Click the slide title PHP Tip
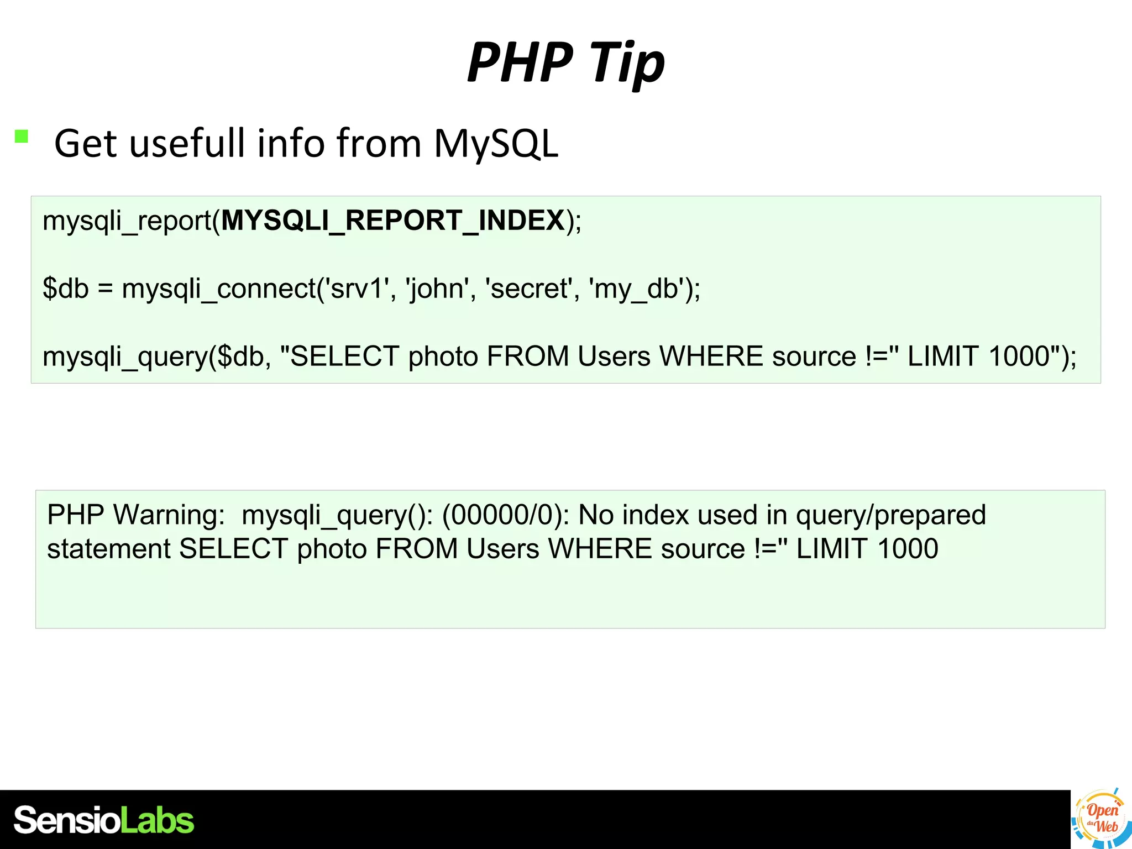click(x=565, y=62)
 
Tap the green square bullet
click(x=22, y=137)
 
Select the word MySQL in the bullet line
click(x=496, y=144)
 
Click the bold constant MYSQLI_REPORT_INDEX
click(x=393, y=221)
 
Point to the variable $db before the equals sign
click(x=66, y=289)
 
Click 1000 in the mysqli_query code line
click(x=1019, y=357)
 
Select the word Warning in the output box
click(x=169, y=515)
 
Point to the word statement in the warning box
click(x=109, y=549)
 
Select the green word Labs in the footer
click(x=158, y=820)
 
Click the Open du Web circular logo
click(x=1100, y=819)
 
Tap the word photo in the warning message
click(x=332, y=549)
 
